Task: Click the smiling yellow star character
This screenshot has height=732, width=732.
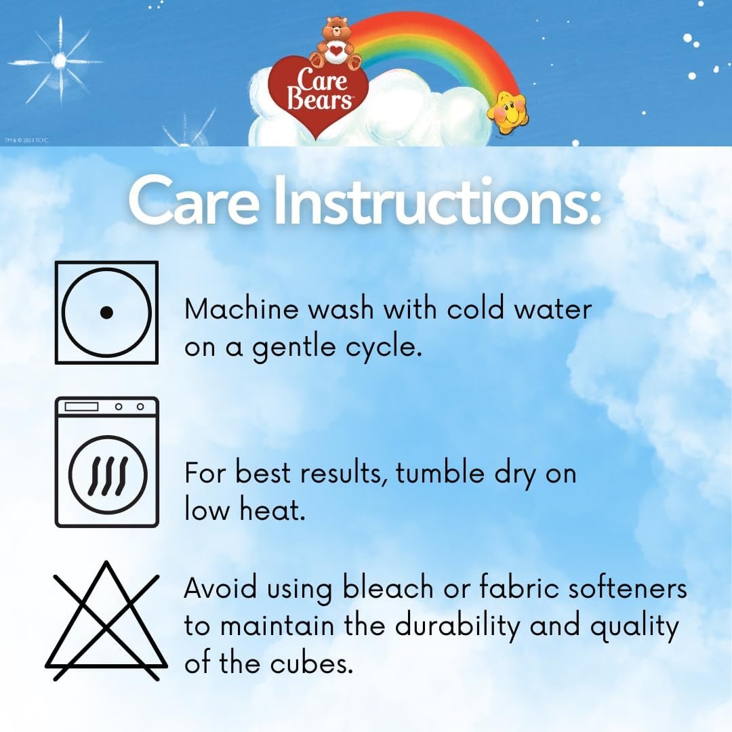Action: pos(507,112)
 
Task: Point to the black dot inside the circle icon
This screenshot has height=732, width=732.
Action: pos(106,312)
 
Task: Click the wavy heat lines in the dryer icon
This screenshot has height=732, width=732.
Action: pos(107,475)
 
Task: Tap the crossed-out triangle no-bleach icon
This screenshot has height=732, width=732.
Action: pos(106,621)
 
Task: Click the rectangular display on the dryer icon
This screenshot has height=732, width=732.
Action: pos(81,407)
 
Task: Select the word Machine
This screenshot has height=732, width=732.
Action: pos(241,309)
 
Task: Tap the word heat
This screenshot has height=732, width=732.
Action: pos(272,509)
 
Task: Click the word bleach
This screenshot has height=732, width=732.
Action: pos(388,587)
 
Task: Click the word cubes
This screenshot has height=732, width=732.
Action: pos(311,663)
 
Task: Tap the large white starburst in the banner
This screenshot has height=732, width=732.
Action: pos(58,61)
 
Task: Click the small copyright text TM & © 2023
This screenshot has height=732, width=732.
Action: pos(26,140)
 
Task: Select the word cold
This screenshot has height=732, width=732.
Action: pos(475,309)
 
